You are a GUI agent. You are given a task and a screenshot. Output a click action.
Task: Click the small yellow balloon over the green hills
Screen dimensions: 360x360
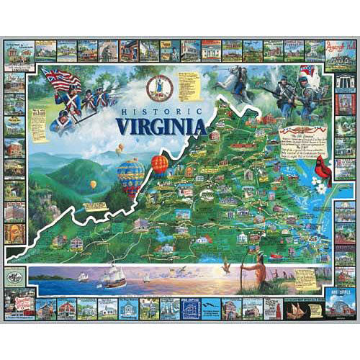[x=93, y=184]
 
